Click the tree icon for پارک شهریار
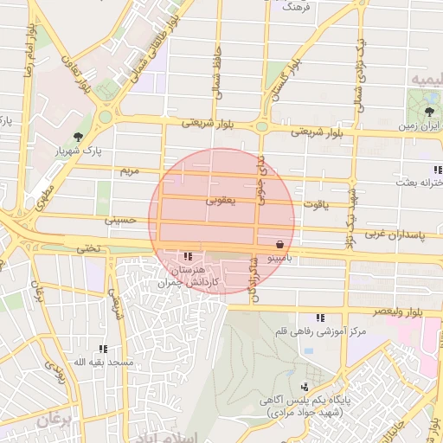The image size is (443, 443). (79, 137)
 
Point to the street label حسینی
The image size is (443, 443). (121, 221)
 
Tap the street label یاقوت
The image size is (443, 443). (314, 204)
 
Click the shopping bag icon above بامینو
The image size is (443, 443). (279, 245)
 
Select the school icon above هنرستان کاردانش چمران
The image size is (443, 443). (189, 256)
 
